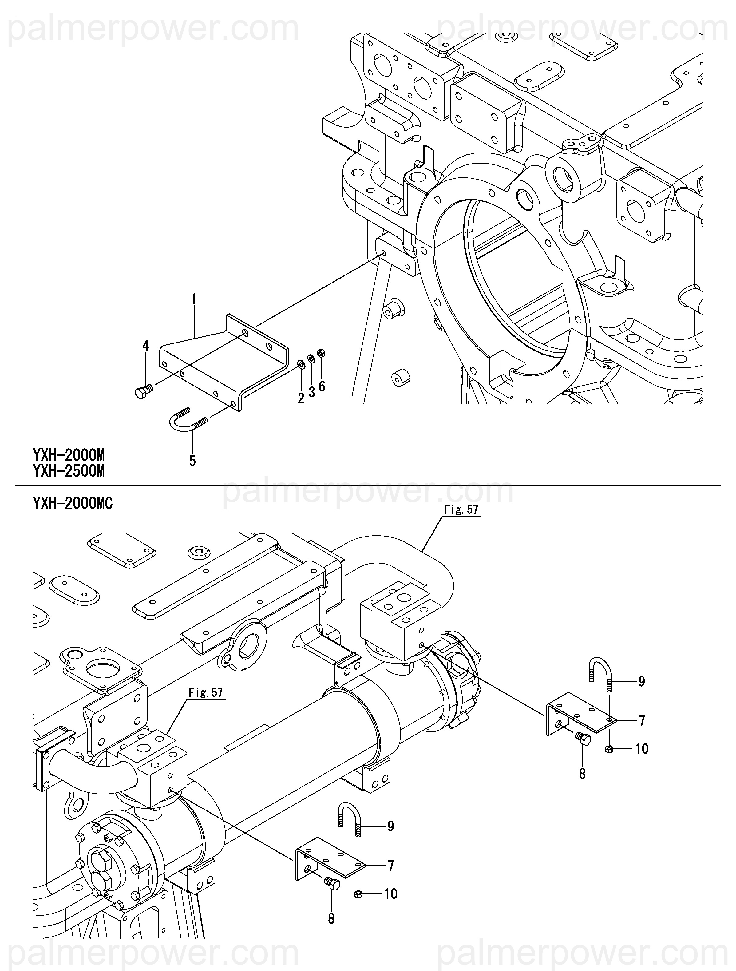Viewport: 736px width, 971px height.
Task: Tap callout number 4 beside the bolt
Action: [145, 346]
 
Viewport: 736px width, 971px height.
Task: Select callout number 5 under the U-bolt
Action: [192, 461]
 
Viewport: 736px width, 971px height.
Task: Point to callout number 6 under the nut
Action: [322, 386]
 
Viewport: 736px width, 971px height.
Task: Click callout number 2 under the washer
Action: [301, 398]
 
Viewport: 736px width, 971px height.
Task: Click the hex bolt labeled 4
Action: [143, 391]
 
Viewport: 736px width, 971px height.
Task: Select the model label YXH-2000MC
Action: [73, 504]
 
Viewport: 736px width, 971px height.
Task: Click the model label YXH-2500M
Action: [69, 471]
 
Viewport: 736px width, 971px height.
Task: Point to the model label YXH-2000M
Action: [69, 455]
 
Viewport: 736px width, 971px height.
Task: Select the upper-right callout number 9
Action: [642, 681]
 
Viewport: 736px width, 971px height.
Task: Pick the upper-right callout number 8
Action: [582, 774]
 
